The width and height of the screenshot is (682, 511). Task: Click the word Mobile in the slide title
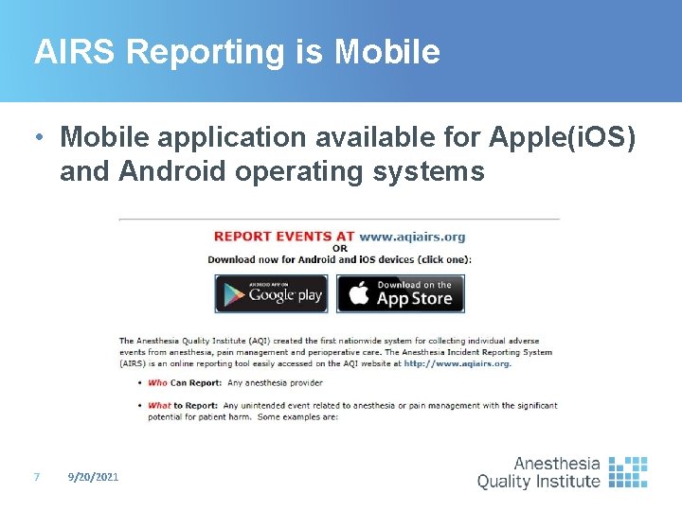click(x=386, y=52)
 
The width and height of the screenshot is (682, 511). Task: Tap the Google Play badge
click(x=271, y=294)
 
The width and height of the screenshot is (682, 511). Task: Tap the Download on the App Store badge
click(x=401, y=294)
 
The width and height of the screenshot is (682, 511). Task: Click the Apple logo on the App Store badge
click(x=357, y=294)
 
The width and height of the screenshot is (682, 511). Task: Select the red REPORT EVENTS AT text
click(x=284, y=237)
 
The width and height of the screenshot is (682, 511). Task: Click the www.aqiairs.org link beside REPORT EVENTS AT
click(x=412, y=237)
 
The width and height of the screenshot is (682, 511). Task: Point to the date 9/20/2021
click(x=94, y=477)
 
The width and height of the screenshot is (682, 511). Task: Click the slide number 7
click(x=36, y=477)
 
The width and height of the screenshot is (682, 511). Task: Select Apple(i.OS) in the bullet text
click(x=562, y=137)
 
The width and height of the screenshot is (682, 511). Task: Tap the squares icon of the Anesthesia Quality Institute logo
click(x=627, y=471)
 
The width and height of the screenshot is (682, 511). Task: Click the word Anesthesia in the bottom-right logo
click(x=557, y=464)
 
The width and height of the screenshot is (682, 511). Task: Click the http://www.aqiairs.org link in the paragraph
click(x=457, y=363)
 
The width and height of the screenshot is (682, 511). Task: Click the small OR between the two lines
click(x=339, y=248)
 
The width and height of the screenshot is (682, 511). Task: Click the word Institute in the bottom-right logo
click(x=565, y=481)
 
